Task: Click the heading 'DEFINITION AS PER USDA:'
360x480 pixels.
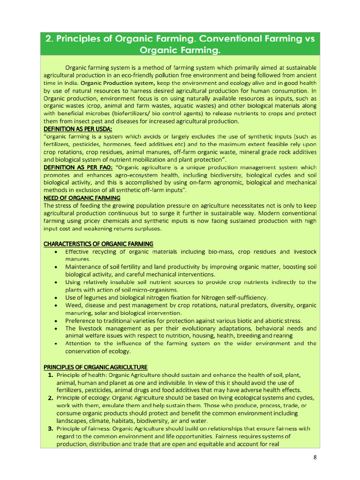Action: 75,129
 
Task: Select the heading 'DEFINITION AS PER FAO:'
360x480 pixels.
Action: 78,167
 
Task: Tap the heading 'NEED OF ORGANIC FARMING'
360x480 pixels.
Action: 82,198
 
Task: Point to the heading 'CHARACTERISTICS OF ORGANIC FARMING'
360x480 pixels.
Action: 98,244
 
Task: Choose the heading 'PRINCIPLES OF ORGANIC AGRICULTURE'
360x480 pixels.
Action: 96,367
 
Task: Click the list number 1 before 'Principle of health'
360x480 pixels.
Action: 50,375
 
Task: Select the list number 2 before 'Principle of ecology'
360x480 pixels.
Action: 50,398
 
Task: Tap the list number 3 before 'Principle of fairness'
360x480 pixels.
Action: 50,428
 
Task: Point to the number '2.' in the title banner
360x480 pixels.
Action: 49,38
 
